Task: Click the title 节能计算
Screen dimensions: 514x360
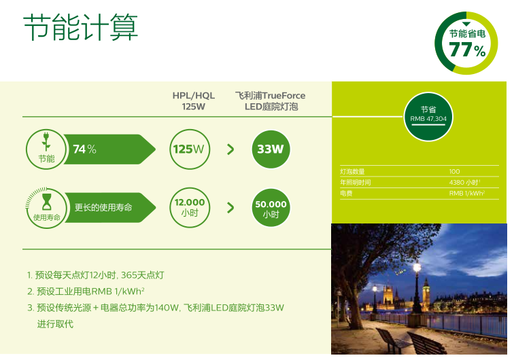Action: (x=81, y=27)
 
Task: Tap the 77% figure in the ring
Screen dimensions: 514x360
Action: (x=467, y=50)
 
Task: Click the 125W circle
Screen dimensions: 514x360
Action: (x=190, y=149)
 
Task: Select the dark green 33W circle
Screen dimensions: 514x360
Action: (x=271, y=149)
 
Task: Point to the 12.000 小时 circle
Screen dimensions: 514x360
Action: (x=190, y=208)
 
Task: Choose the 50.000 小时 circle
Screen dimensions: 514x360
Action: (x=271, y=208)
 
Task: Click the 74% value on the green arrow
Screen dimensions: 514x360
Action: (x=84, y=149)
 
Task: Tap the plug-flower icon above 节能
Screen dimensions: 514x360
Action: (x=46, y=141)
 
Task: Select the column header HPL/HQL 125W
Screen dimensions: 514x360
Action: (x=193, y=101)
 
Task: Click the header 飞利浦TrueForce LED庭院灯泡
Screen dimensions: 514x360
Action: (x=271, y=101)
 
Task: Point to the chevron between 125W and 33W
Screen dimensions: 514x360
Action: (x=230, y=149)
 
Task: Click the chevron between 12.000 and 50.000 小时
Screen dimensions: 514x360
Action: (x=230, y=208)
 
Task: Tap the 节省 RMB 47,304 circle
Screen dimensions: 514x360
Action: (x=428, y=117)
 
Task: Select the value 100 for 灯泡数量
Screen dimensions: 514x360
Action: (x=454, y=171)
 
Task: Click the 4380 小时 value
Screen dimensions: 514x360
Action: (x=464, y=182)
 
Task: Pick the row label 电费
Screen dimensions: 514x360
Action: (x=346, y=194)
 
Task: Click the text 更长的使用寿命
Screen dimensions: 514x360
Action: (x=103, y=207)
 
